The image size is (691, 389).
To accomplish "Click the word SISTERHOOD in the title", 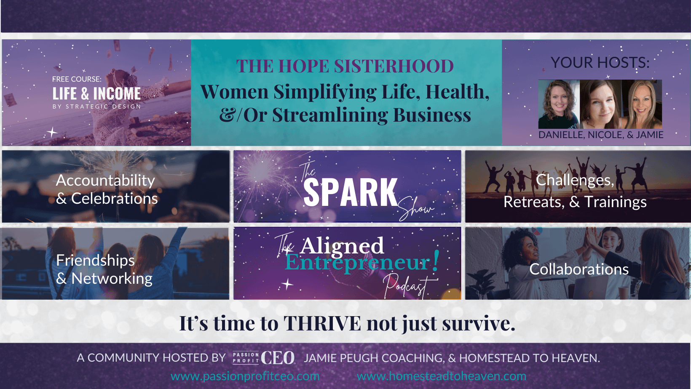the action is [x=394, y=66].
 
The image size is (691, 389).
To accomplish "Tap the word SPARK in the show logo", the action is [x=351, y=192].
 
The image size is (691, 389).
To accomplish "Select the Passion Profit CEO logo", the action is [x=264, y=358].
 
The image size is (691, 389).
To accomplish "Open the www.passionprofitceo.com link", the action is [x=245, y=376].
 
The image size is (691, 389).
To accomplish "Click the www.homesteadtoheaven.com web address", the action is [x=442, y=376].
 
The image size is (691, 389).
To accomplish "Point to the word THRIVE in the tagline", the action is [x=322, y=323].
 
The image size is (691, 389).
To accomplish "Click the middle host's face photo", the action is [x=600, y=104].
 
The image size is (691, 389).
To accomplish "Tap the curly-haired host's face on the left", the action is [x=559, y=104].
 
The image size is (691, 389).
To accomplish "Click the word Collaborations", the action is [x=579, y=269].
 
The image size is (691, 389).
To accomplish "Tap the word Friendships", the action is [x=95, y=261].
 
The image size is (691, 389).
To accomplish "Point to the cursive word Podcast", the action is [x=408, y=286].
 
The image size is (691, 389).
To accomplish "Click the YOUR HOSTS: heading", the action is [x=600, y=63].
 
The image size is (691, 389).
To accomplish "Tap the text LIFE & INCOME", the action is [x=96, y=94].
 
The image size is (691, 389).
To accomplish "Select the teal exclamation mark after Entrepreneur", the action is [x=436, y=261].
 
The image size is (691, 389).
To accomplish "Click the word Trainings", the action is [x=616, y=202].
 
